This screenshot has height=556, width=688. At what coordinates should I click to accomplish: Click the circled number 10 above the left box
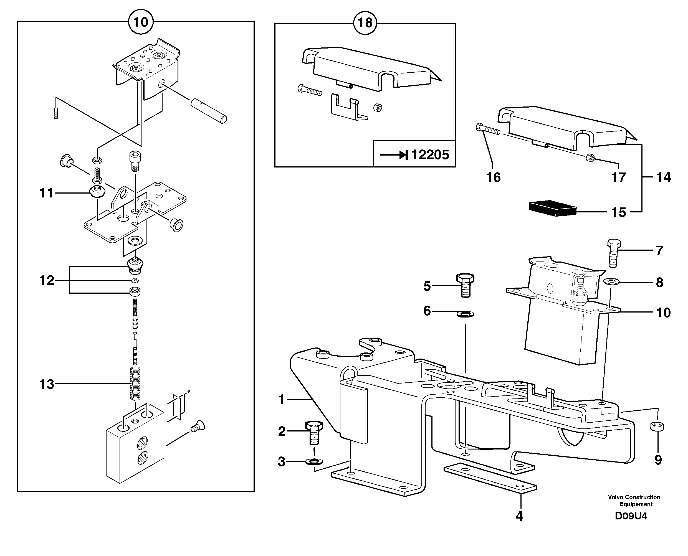tap(140, 22)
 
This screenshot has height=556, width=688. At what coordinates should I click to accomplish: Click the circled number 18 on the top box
tap(365, 23)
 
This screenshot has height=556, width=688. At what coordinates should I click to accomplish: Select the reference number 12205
tap(430, 155)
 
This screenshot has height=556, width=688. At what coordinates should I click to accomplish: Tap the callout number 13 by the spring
tap(47, 384)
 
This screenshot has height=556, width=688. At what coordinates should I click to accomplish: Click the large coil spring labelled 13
tap(136, 383)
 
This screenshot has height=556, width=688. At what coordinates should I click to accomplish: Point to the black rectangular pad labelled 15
tap(552, 209)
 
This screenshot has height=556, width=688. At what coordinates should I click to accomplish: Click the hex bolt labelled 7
tap(614, 253)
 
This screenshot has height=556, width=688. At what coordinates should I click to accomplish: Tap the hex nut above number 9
tap(657, 426)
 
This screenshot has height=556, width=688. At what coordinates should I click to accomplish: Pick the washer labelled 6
tap(465, 314)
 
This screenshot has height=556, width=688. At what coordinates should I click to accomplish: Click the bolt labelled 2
tap(314, 432)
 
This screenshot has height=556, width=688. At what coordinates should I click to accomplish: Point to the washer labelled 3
tap(314, 461)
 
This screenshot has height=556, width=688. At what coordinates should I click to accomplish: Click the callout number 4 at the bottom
tap(519, 516)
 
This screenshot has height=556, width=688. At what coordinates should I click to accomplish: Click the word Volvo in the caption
tap(614, 497)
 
